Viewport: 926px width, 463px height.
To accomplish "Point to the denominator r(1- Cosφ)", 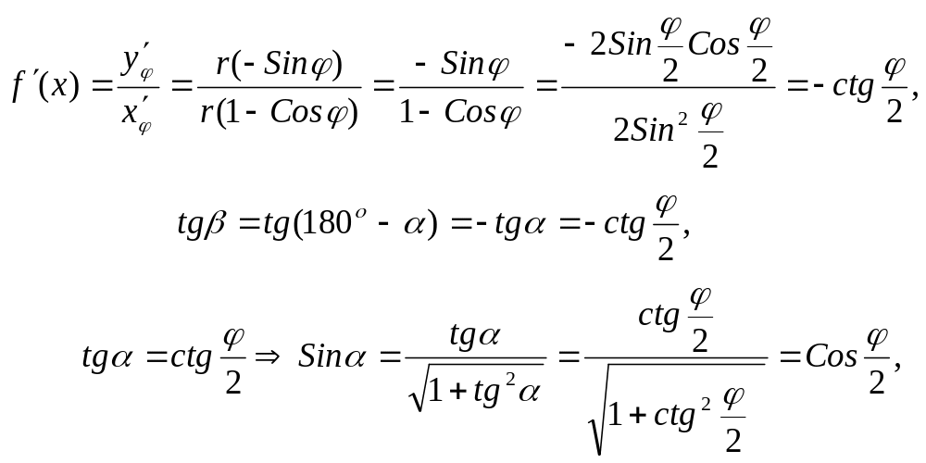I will point(279,114).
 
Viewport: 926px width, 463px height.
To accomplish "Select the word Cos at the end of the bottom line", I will point(830,357).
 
